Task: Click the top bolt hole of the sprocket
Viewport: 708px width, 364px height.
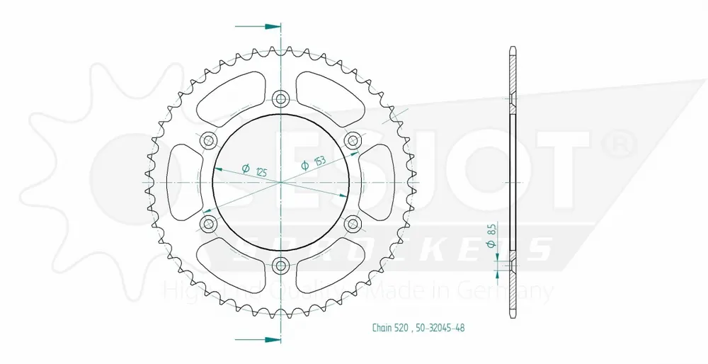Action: (x=281, y=98)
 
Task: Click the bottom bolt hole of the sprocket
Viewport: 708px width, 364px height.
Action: (x=281, y=266)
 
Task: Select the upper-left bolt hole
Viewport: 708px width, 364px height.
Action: (x=208, y=140)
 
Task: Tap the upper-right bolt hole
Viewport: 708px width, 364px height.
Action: (x=353, y=140)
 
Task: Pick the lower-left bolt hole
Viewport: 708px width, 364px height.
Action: (x=208, y=224)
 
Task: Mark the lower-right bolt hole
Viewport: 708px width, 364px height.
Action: (x=353, y=224)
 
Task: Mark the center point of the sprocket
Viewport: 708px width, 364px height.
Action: (x=281, y=182)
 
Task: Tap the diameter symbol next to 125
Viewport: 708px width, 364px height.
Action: (x=245, y=167)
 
